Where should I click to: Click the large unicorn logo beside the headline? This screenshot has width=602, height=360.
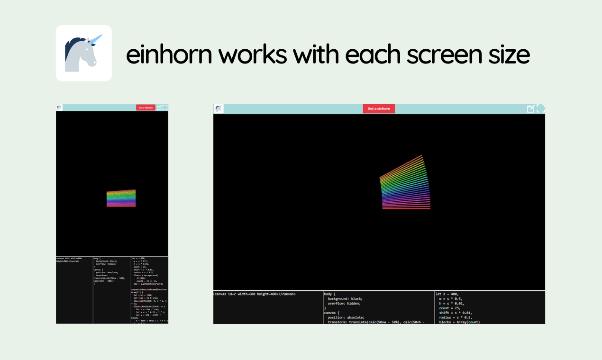pyautogui.click(x=83, y=53)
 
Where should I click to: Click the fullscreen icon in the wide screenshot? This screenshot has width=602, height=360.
pyautogui.click(x=540, y=108)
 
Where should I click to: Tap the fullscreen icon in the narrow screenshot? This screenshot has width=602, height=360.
pyautogui.click(x=165, y=108)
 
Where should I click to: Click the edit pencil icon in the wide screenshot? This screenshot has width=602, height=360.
pyautogui.click(x=531, y=108)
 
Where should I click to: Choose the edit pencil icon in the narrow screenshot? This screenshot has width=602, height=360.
pyautogui.click(x=159, y=108)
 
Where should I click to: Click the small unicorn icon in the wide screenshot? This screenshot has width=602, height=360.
pyautogui.click(x=219, y=108)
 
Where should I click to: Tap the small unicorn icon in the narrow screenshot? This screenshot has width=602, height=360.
pyautogui.click(x=59, y=108)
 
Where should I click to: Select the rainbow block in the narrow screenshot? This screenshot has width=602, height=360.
pyautogui.click(x=121, y=198)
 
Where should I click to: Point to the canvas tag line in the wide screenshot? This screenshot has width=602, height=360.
pyautogui.click(x=255, y=294)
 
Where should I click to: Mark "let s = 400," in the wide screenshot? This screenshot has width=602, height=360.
pyautogui.click(x=447, y=294)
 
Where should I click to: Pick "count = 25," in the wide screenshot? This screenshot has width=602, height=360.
pyautogui.click(x=451, y=308)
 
